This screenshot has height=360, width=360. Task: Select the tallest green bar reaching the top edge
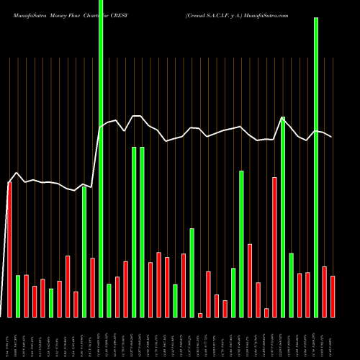(x=101, y=158)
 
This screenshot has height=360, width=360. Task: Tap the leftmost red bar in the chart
(x=9, y=249)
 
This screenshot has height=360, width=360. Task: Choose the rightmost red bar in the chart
(x=333, y=296)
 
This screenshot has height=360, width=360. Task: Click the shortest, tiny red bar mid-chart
(x=200, y=315)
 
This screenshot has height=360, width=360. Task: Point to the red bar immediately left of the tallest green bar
(x=93, y=287)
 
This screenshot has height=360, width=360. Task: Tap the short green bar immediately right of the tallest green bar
(x=109, y=300)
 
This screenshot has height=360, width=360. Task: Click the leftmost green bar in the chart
(x=18, y=296)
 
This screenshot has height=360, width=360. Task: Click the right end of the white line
(x=332, y=137)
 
